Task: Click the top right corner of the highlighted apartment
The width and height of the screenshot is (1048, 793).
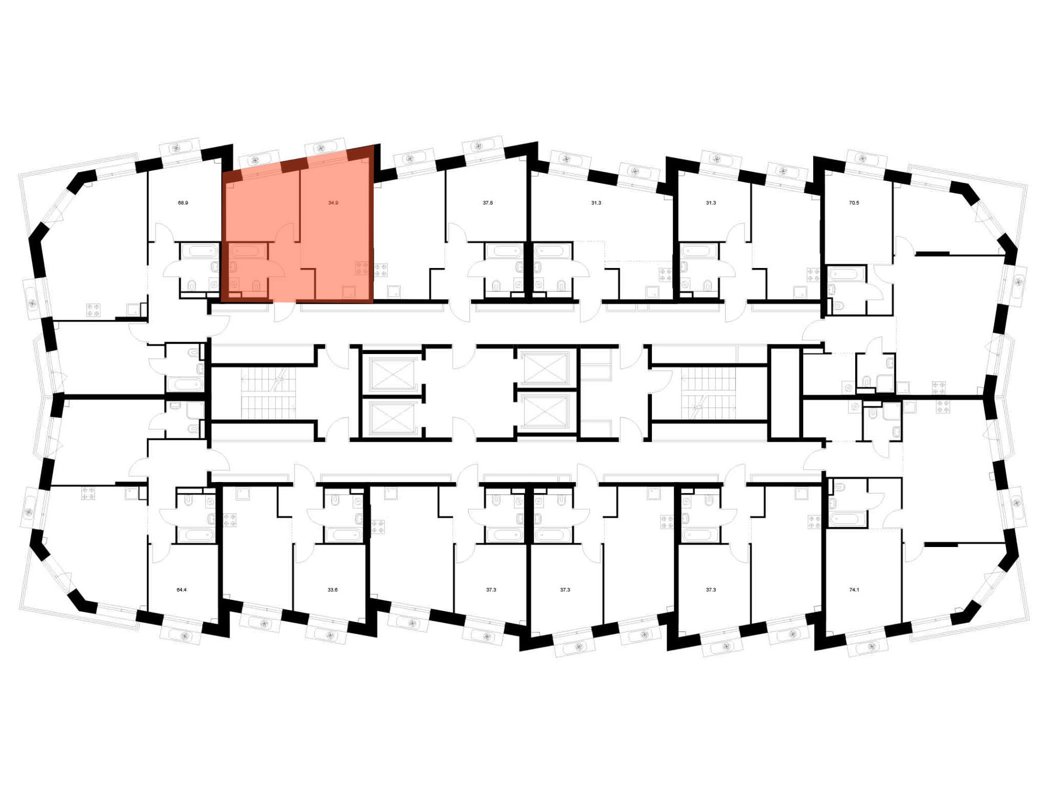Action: [374, 145]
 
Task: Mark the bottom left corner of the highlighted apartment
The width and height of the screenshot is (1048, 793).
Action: [222, 303]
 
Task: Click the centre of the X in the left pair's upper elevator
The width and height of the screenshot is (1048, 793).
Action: [392, 373]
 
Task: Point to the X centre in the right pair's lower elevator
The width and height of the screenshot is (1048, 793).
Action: [545, 411]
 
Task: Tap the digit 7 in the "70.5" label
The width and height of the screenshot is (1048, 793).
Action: [851, 202]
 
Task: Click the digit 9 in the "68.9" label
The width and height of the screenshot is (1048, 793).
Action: [186, 202]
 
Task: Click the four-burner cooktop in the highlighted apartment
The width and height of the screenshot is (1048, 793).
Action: [362, 269]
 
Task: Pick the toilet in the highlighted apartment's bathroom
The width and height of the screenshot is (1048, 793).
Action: [256, 286]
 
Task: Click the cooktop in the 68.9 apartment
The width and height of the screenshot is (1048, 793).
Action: [93, 310]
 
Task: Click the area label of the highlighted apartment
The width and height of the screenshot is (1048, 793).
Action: [333, 202]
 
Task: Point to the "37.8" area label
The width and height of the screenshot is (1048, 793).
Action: [488, 202]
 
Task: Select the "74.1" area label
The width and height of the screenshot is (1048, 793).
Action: [854, 590]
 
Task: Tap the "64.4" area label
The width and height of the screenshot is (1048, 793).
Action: [181, 590]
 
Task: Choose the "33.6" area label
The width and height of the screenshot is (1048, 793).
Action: [333, 590]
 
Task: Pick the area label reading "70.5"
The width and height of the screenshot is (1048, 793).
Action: [854, 202]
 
